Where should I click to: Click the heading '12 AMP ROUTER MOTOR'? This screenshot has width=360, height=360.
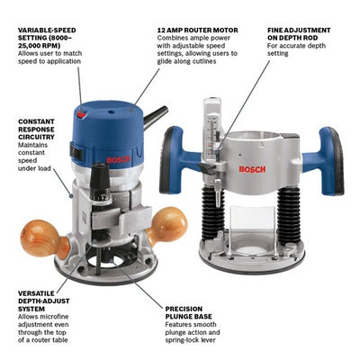pyautogui.click(x=197, y=31)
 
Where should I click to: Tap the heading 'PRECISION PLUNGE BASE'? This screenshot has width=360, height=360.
pyautogui.click(x=188, y=312)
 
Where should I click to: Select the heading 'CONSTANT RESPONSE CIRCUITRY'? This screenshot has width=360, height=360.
pyautogui.click(x=36, y=130)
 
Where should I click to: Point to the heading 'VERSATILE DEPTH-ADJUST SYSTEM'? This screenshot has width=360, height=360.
pyautogui.click(x=44, y=301)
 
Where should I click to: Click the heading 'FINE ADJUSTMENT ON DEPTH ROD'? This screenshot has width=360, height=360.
pyautogui.click(x=299, y=34)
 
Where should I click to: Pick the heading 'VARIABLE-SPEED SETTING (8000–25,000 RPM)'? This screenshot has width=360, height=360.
pyautogui.click(x=47, y=38)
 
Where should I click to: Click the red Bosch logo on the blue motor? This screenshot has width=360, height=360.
pyautogui.click(x=119, y=159)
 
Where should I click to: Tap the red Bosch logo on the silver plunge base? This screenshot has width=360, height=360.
pyautogui.click(x=252, y=169)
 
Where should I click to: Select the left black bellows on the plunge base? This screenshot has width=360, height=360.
pyautogui.click(x=213, y=212)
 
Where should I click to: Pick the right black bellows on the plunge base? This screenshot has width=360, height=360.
pyautogui.click(x=289, y=214)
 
